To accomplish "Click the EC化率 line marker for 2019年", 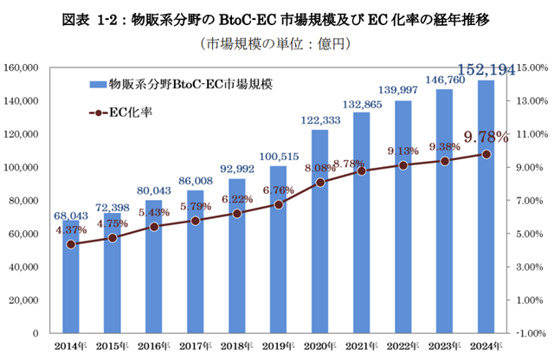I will [278, 205].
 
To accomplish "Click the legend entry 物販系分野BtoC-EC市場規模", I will [185, 84].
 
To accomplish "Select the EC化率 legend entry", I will [121, 112].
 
